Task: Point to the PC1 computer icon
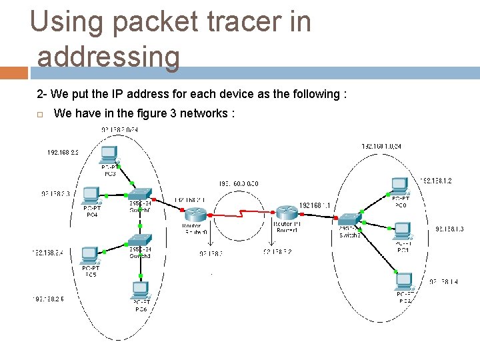[x=403, y=231]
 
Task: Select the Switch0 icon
[x=139, y=196]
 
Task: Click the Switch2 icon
[x=349, y=220]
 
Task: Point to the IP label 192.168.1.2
[x=437, y=181]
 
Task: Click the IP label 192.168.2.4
[x=48, y=253]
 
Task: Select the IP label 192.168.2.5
[x=48, y=299]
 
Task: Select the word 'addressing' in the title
[x=109, y=57]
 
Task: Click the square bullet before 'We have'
[x=40, y=114]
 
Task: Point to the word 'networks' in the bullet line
[x=207, y=113]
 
